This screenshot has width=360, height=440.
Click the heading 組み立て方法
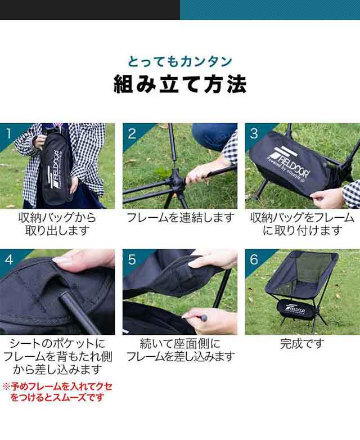180,84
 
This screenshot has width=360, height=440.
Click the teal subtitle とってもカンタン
180,61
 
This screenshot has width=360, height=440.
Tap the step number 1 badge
8,133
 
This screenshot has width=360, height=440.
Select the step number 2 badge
132,133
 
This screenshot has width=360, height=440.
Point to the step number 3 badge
254,133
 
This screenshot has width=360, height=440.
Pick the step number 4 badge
8,259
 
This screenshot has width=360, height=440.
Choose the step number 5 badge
132,259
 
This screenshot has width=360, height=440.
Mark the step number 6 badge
254,259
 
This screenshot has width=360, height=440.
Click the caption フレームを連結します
180,218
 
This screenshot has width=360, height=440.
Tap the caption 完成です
302,344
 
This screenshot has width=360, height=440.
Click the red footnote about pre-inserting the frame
57,392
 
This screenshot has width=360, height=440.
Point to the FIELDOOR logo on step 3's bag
289,162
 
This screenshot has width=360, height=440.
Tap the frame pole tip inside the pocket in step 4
64,296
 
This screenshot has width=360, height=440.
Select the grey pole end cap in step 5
204,318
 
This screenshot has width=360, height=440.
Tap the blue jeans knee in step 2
213,136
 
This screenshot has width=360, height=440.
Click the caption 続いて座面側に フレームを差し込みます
180,350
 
